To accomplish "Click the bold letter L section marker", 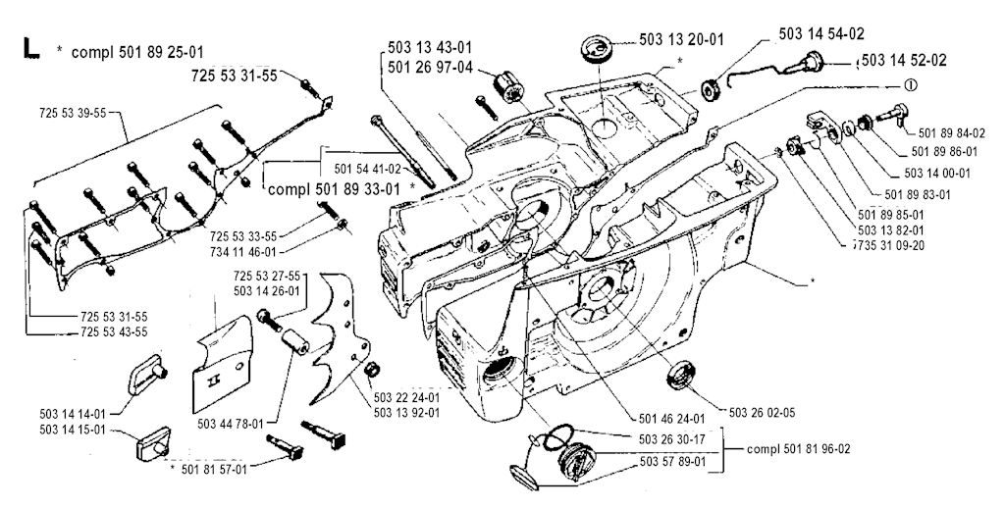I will [28, 49].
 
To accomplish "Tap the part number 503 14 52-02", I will [904, 61].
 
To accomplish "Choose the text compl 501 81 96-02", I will [798, 450].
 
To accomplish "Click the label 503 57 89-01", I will [668, 460].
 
